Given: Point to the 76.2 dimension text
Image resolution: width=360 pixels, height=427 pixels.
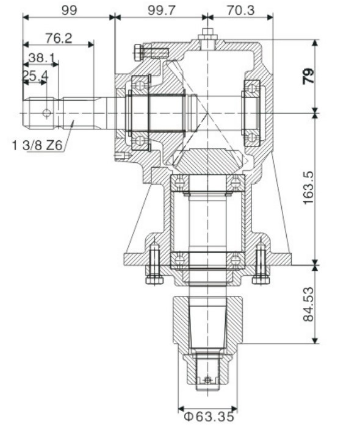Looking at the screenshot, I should click(x=59, y=38).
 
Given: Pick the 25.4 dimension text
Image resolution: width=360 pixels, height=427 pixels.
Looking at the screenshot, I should click(x=35, y=76).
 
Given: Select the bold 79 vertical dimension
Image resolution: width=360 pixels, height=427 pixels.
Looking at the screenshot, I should click(x=309, y=76).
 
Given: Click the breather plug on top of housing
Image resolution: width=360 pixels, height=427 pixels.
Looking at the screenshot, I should click(x=207, y=37).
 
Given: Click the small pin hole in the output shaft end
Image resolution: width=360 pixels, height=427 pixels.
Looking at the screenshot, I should click(x=207, y=379).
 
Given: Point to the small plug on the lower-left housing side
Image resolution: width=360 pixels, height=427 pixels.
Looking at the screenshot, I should click(x=121, y=156).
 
